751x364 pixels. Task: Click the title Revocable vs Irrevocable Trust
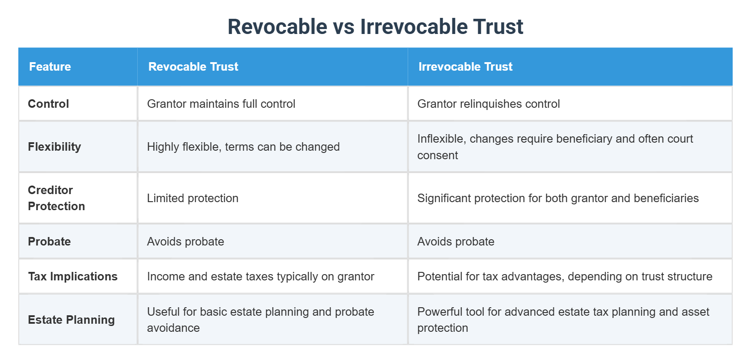[x=375, y=26]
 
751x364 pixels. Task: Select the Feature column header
[x=50, y=67]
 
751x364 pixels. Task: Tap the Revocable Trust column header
[x=193, y=67]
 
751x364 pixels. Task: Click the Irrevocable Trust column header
[x=465, y=67]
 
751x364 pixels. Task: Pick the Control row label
[x=48, y=104]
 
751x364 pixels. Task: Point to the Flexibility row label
[x=55, y=147]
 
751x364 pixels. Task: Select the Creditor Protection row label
[x=56, y=198]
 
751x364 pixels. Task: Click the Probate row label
[x=49, y=241]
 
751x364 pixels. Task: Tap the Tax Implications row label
[x=73, y=276]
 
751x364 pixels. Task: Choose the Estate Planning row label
[x=72, y=320]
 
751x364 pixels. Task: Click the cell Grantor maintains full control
[x=221, y=104]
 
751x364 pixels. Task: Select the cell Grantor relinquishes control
[x=489, y=104]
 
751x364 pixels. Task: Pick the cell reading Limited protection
[x=193, y=198]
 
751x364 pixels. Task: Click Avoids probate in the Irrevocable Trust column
[x=456, y=241]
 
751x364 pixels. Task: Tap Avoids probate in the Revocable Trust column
[x=186, y=241]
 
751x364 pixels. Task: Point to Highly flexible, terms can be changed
[x=243, y=147]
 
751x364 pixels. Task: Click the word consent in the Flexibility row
[x=438, y=155]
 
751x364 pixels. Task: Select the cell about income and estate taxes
[x=261, y=276]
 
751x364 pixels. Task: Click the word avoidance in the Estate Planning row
[x=173, y=328]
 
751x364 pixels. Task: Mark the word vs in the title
[x=343, y=26]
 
